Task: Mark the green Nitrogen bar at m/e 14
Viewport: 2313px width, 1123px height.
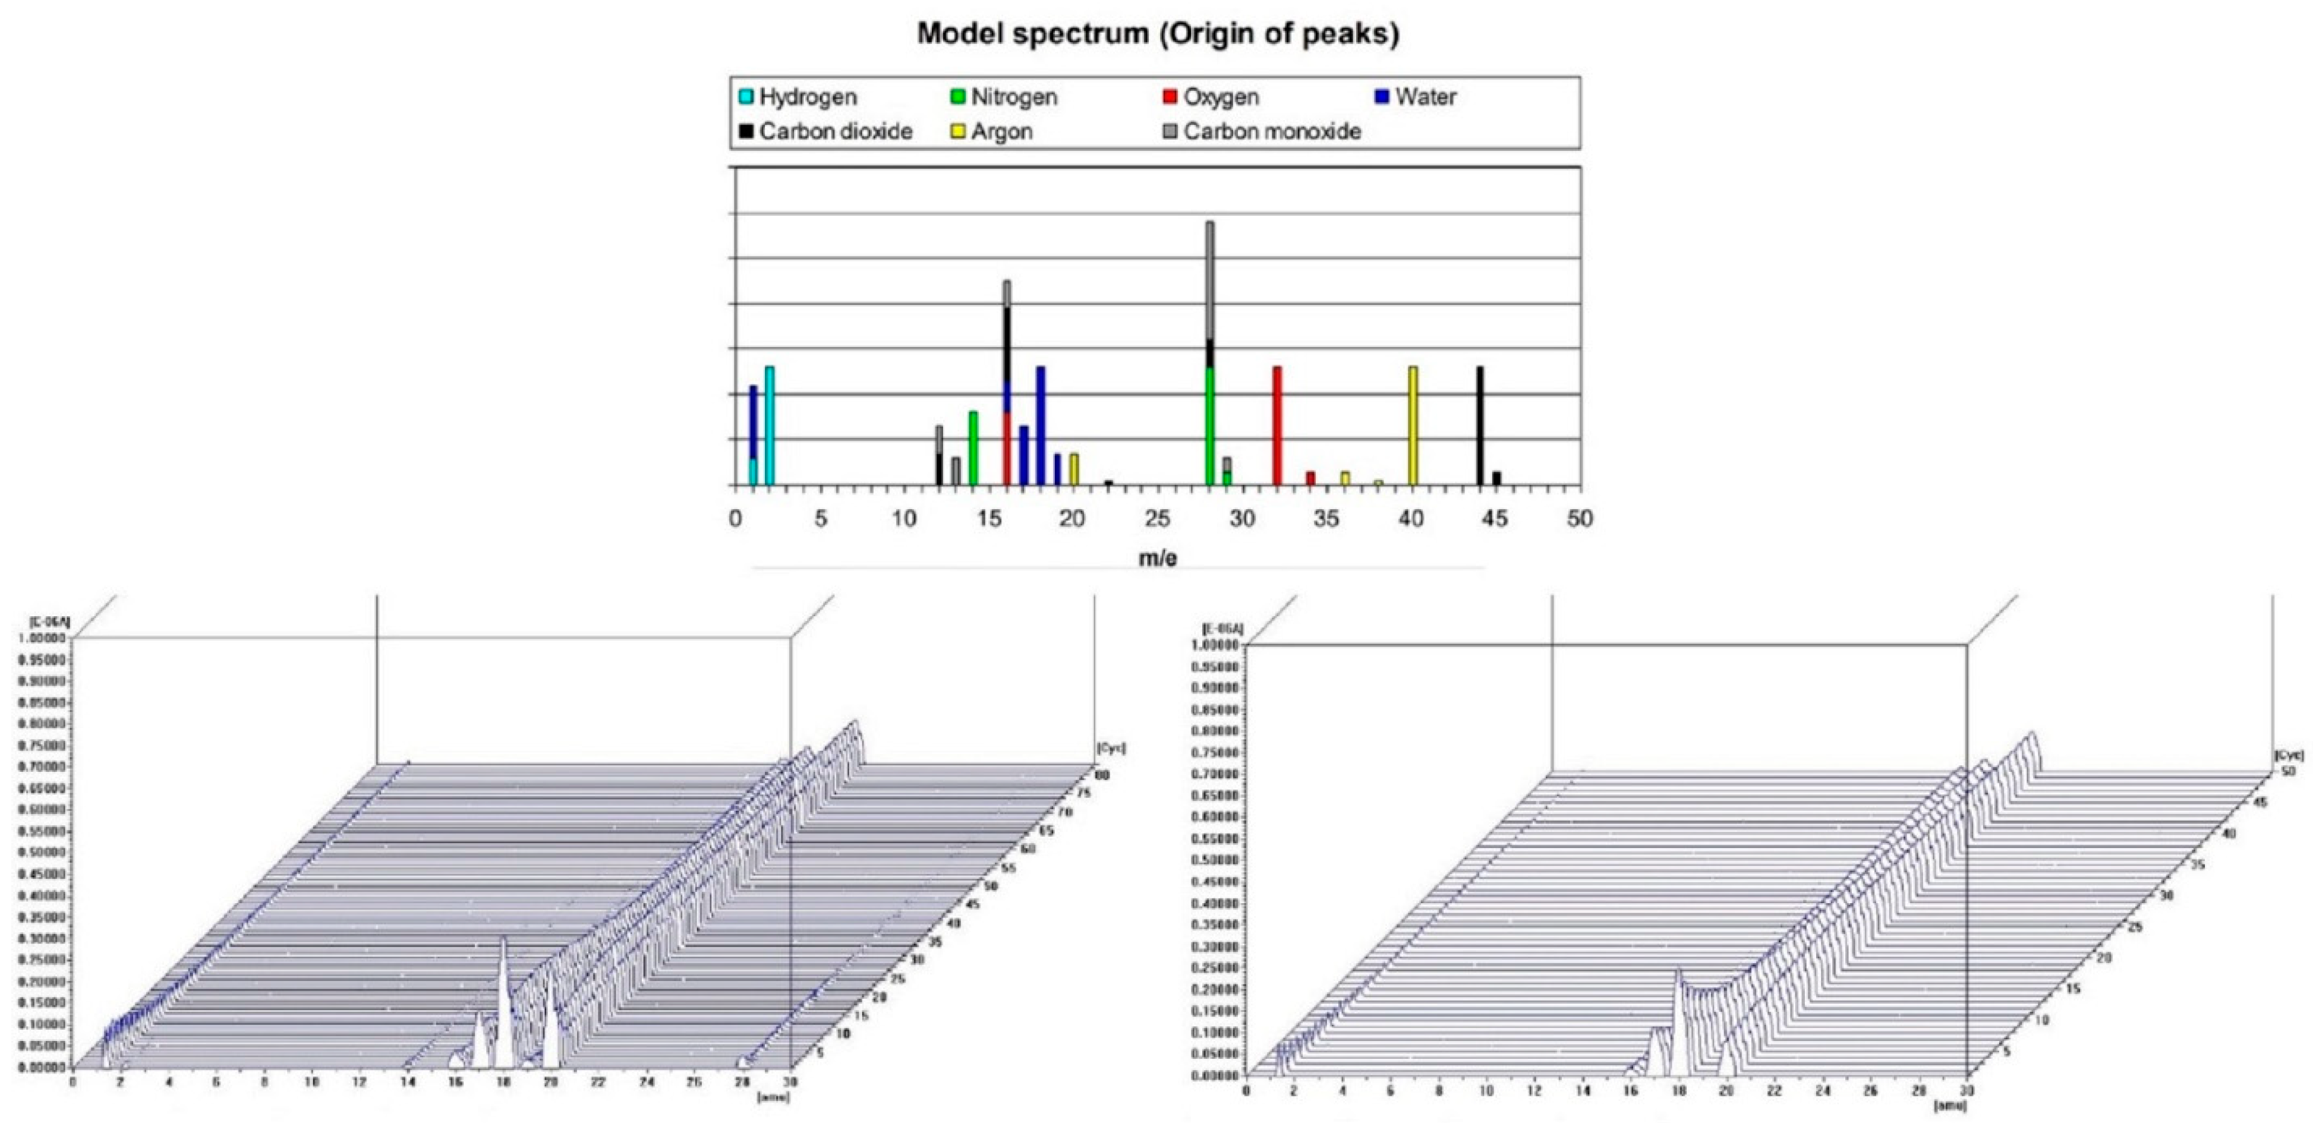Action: click(x=972, y=447)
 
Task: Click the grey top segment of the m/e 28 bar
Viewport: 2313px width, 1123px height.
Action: click(x=1209, y=278)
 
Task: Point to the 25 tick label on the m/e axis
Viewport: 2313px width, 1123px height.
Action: click(x=1158, y=519)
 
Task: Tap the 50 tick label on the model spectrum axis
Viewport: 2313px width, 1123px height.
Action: click(x=1580, y=519)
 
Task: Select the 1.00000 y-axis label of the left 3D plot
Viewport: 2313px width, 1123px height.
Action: click(x=42, y=638)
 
